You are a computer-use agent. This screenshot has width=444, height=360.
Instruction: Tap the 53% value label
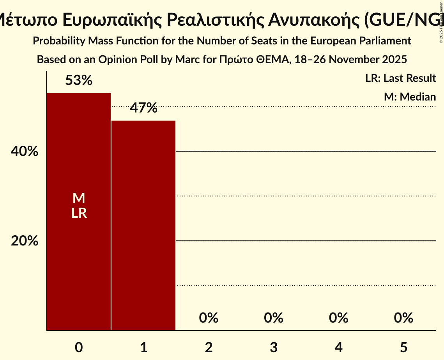79,81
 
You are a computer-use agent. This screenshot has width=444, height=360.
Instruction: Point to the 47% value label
143,108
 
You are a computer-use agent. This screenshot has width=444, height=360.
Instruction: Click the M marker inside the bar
79,198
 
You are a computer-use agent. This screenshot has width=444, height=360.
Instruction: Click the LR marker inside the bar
79,213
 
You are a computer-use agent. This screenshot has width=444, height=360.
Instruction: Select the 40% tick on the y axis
25,151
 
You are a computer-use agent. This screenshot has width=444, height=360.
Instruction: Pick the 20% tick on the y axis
25,241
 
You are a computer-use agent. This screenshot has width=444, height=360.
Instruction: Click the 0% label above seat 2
209,318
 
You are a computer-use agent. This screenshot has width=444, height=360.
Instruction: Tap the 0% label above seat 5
403,318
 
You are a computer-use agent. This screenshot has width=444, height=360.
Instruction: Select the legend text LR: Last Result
400,78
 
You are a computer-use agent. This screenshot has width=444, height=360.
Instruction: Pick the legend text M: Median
410,97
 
